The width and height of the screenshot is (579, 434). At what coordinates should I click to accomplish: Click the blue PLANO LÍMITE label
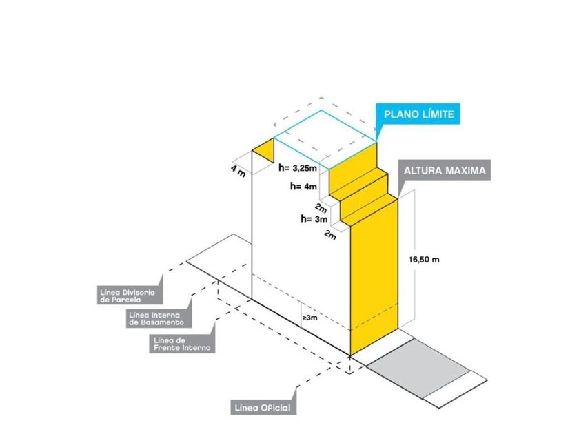[418, 114]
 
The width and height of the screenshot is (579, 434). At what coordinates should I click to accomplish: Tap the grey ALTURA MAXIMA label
[445, 171]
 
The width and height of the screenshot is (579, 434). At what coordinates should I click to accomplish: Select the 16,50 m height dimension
[424, 260]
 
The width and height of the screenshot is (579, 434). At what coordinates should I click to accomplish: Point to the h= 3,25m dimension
[298, 168]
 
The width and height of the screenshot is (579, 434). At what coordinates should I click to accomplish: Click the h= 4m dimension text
[303, 187]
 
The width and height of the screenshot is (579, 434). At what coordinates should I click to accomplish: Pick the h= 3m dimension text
[314, 219]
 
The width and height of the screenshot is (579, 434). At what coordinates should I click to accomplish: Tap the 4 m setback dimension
[238, 171]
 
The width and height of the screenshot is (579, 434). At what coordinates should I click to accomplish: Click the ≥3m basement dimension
[309, 318]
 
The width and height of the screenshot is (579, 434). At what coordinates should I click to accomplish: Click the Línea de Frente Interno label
[182, 344]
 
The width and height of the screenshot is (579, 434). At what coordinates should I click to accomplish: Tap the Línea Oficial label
[263, 407]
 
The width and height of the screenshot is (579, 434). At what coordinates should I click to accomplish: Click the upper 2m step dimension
[321, 208]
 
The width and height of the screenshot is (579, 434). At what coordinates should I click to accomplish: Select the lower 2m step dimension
[330, 234]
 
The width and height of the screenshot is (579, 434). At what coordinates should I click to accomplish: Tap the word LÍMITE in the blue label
[438, 114]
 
